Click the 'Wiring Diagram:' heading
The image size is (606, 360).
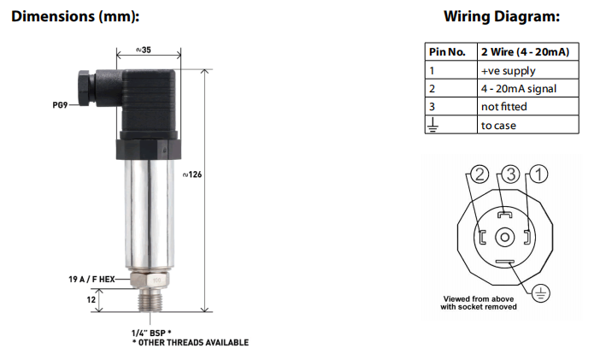click(502, 16)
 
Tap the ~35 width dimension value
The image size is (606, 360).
click(144, 50)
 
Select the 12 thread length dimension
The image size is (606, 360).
click(91, 298)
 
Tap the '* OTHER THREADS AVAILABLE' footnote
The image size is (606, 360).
click(190, 342)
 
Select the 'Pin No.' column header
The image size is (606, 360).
click(446, 52)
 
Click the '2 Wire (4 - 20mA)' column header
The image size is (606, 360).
click(524, 52)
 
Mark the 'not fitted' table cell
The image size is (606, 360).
click(503, 107)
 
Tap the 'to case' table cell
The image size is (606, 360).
click(498, 125)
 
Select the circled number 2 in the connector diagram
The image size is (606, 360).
click(479, 175)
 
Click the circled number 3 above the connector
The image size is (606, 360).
click(509, 175)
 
